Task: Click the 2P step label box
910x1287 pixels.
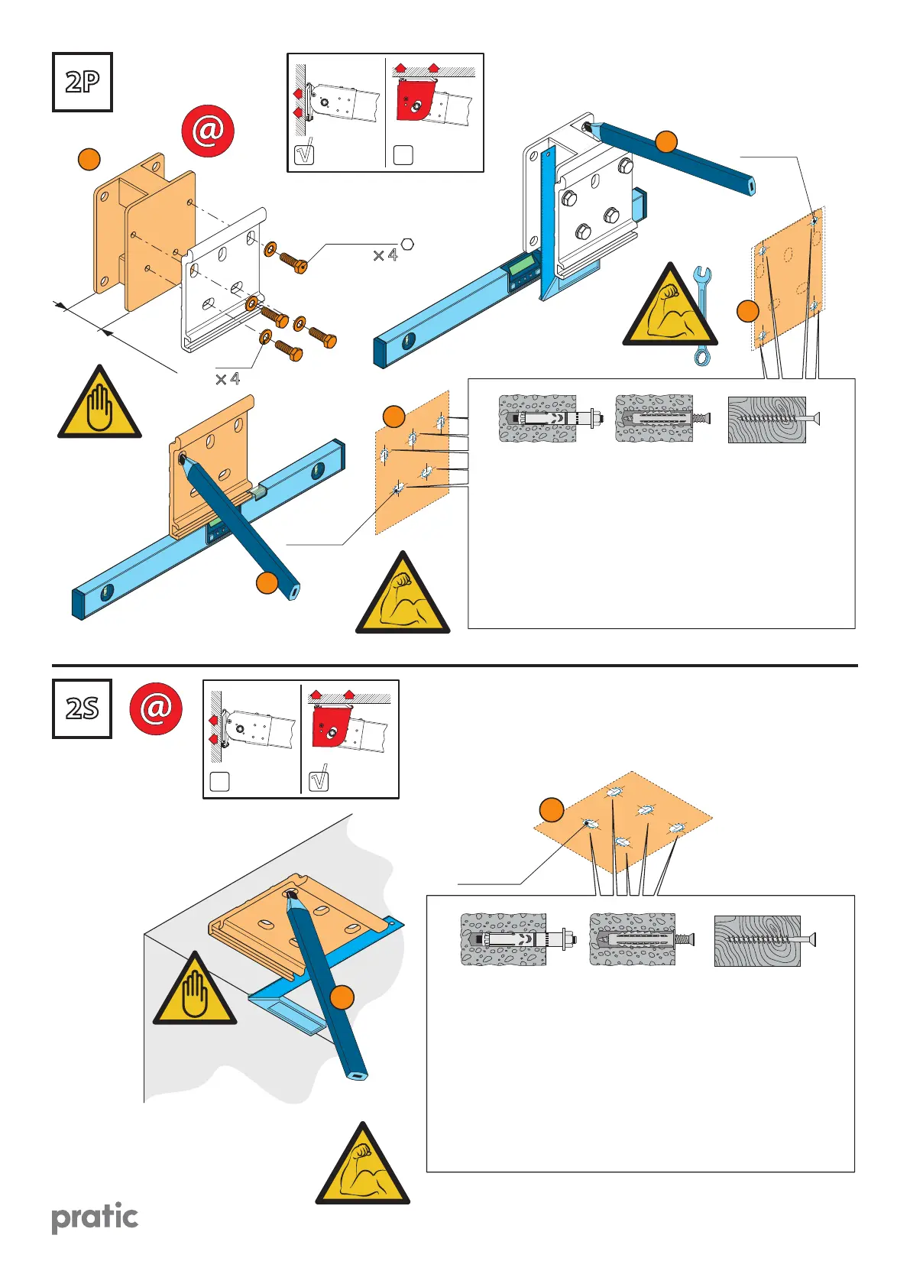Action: pyautogui.click(x=83, y=83)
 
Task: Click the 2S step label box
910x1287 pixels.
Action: pyautogui.click(x=83, y=708)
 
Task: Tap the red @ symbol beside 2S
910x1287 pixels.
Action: pyautogui.click(x=156, y=708)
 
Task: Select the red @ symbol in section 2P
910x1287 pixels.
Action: pyautogui.click(x=208, y=131)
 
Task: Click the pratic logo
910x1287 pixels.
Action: pyautogui.click(x=95, y=1217)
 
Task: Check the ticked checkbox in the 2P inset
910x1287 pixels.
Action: pyautogui.click(x=304, y=154)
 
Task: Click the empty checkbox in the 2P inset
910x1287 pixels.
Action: pyautogui.click(x=403, y=154)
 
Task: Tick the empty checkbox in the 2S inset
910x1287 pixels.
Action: pyautogui.click(x=219, y=781)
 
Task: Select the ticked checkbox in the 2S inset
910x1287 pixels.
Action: pyautogui.click(x=319, y=780)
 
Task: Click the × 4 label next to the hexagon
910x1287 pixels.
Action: pyautogui.click(x=385, y=255)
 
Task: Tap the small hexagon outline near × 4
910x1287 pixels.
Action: pyautogui.click(x=407, y=244)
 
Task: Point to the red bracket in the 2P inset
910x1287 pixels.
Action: pyautogui.click(x=415, y=100)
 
